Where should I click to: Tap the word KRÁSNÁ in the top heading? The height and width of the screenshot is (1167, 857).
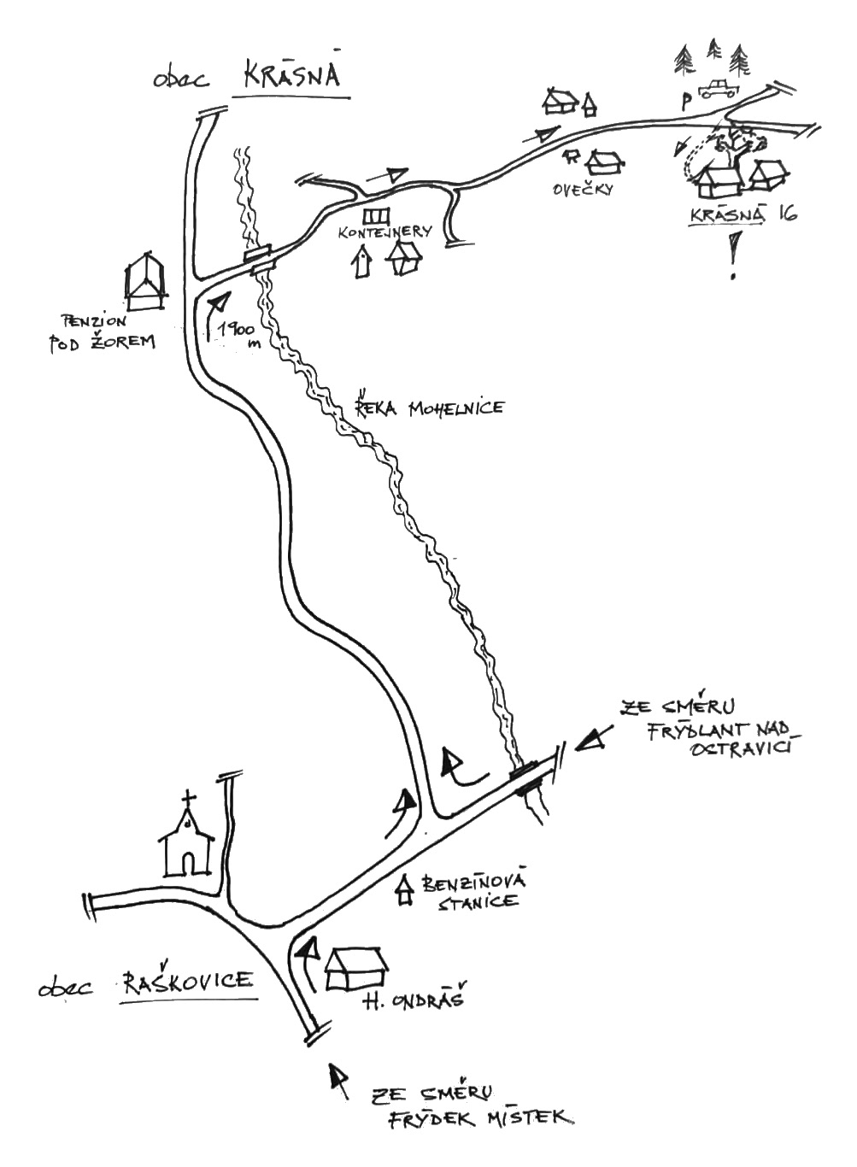[x=292, y=75]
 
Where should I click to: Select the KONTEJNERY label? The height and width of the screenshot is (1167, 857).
[x=384, y=232]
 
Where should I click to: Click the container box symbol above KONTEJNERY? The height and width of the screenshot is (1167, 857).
[x=376, y=213]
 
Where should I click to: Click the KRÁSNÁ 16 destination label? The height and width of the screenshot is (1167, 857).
[x=743, y=215]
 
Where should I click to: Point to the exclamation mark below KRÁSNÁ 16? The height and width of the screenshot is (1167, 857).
[x=732, y=259]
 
